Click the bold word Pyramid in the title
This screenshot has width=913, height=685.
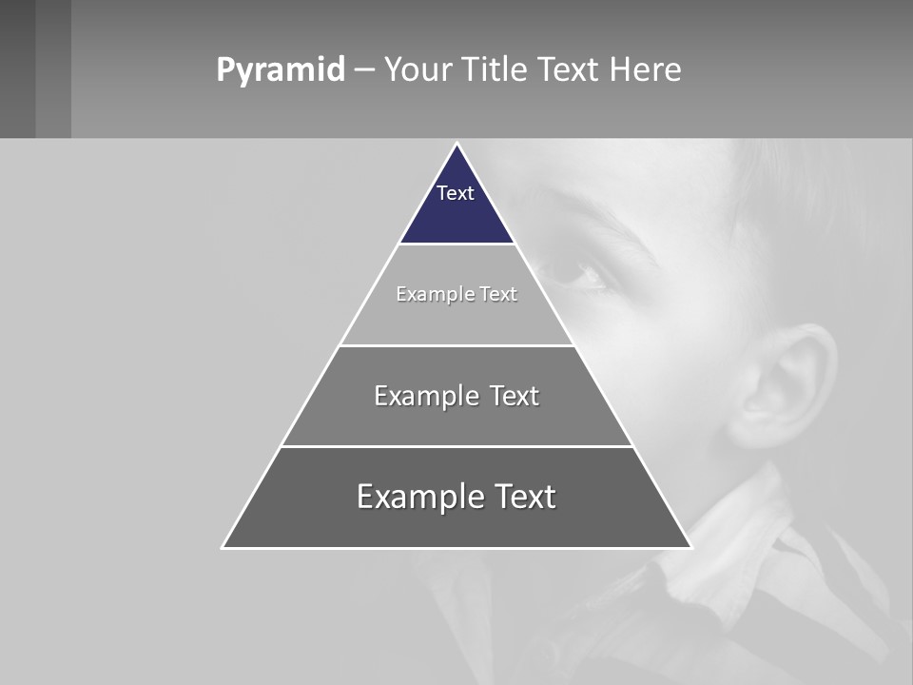pos(280,70)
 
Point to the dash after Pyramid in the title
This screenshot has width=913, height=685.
pos(364,70)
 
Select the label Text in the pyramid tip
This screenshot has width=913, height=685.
pos(456,193)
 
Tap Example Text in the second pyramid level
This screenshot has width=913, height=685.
pos(456,294)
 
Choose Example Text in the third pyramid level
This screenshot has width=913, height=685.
pos(456,396)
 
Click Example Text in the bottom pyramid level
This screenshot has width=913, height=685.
pos(456,497)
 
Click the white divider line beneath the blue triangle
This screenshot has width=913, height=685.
pos(456,244)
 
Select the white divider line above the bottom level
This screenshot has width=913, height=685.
pos(456,446)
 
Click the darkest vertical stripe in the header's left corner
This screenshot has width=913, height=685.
pos(17,68)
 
